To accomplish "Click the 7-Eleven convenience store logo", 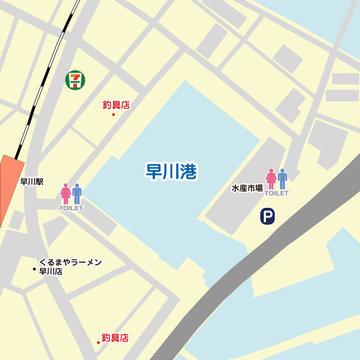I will [x=76, y=79].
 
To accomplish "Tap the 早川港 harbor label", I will [x=171, y=171].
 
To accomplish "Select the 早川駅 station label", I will [x=32, y=182].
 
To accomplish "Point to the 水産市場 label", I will [x=247, y=188].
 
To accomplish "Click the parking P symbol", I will [x=268, y=217].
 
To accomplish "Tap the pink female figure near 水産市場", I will [x=271, y=179].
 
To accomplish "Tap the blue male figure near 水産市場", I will [x=282, y=179].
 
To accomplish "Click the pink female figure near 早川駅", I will [x=65, y=193].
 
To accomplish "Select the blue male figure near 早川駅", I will [x=77, y=193].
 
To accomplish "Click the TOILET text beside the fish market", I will [x=277, y=193].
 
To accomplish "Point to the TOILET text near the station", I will [x=71, y=208].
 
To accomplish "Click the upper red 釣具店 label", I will [x=116, y=105].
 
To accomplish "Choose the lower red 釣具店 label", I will [x=116, y=338].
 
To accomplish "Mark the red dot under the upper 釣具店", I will [x=113, y=114].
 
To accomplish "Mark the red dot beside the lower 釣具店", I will [x=99, y=342].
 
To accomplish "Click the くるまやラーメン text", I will [x=70, y=262].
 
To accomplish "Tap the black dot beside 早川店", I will [x=34, y=269].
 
